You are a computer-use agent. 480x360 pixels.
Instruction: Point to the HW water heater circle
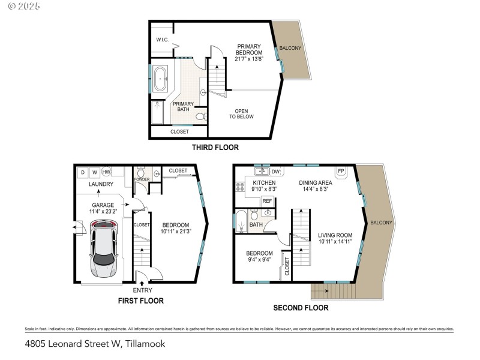106,172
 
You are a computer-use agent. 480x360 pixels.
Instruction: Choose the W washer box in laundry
94,172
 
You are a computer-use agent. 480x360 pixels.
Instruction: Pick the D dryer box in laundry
82,172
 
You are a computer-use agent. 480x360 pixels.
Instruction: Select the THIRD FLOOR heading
215,147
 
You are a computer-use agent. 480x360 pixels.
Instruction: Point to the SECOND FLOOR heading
301,308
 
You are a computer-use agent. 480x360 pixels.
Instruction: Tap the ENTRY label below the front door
142,290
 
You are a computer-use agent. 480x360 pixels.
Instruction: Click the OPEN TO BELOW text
242,113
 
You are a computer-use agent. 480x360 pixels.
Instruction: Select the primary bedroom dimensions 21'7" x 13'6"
248,59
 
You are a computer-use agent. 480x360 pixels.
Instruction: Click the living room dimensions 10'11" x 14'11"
335,242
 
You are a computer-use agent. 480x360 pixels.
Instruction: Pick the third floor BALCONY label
290,47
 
